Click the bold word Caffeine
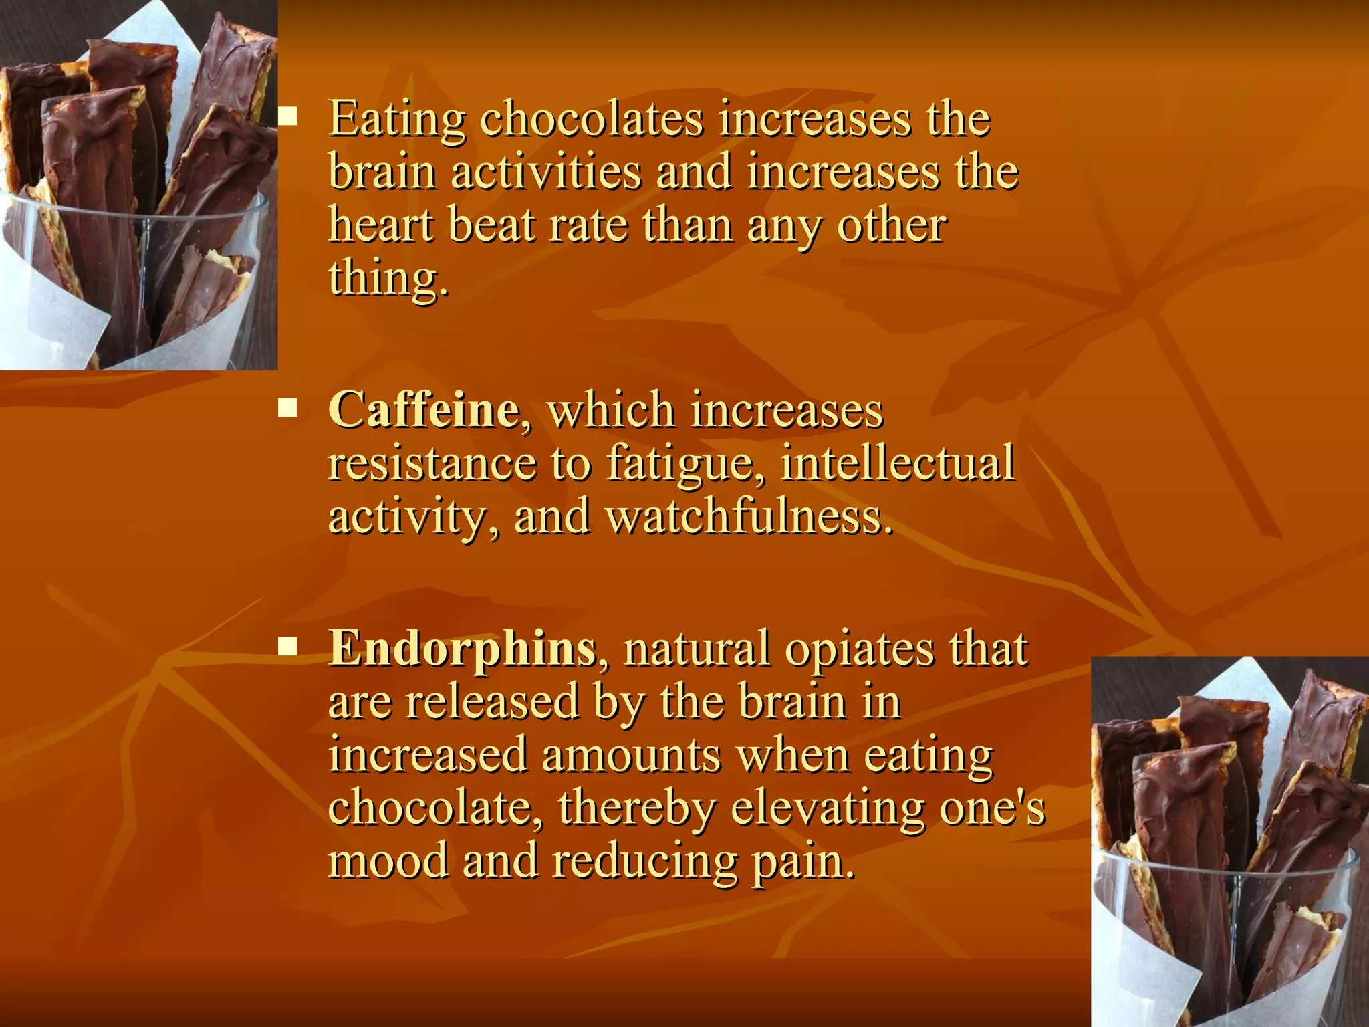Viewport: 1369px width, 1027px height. point(423,409)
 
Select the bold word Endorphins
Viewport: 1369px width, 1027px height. point(463,648)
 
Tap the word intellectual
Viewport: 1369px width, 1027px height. point(897,463)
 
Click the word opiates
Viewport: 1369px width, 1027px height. point(859,649)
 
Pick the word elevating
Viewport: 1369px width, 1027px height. point(828,808)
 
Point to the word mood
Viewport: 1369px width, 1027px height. point(388,861)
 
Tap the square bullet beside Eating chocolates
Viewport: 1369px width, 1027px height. point(288,118)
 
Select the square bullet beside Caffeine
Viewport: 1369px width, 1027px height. point(288,407)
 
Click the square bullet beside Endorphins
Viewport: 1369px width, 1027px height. point(288,646)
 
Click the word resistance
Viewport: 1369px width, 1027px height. point(432,463)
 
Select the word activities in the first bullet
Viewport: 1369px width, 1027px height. point(545,172)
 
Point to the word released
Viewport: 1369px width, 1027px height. point(492,702)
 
